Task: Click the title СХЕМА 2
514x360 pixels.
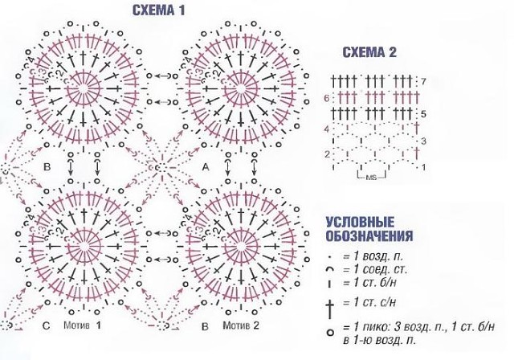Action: [369, 54]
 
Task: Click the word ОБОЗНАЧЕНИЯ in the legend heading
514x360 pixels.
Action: [370, 236]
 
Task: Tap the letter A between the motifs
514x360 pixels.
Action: [206, 166]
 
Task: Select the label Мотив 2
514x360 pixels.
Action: [241, 328]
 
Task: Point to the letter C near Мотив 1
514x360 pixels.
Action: [46, 328]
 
